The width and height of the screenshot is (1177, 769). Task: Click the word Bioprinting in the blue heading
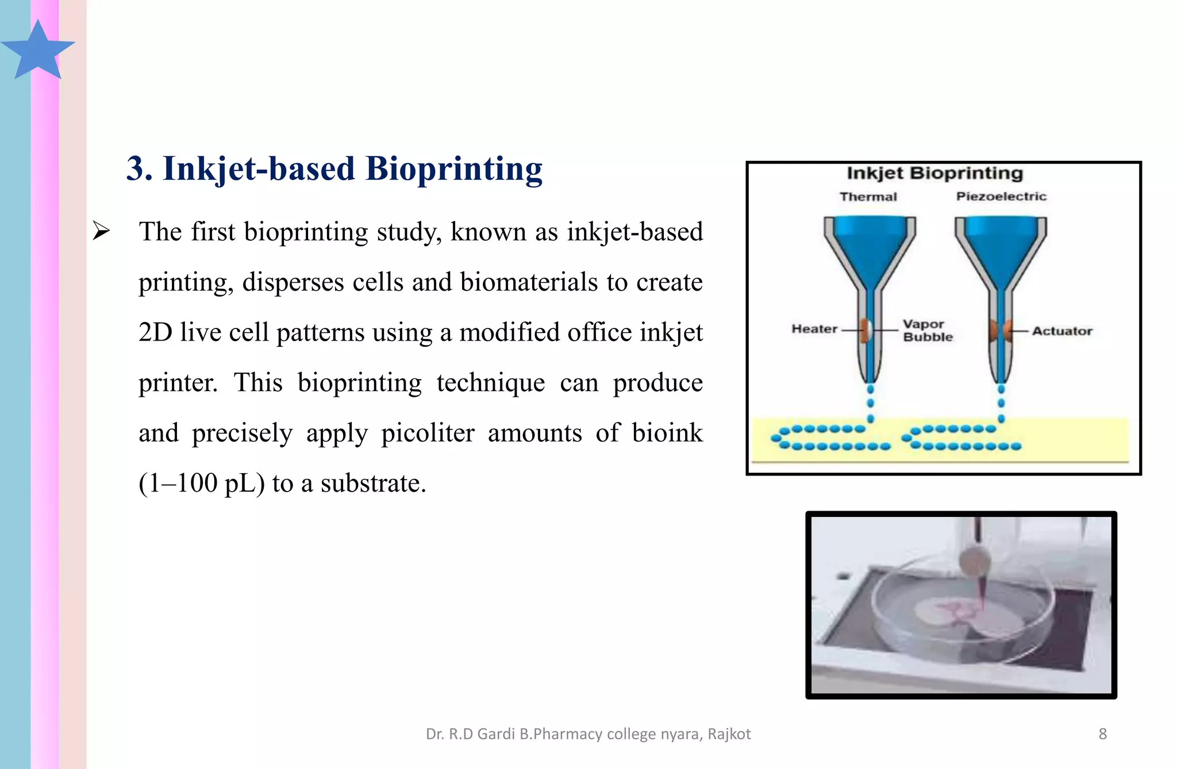point(453,169)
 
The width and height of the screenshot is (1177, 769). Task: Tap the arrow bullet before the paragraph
point(101,231)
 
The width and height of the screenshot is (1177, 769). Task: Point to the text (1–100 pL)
point(202,483)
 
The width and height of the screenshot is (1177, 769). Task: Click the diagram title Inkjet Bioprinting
point(934,173)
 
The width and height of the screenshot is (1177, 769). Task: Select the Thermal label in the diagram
point(868,197)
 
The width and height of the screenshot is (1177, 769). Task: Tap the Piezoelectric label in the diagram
point(1001,196)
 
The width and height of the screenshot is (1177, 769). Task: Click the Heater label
point(814,329)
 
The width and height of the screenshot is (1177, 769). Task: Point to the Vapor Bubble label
point(927,331)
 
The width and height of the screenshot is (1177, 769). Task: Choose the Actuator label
point(1061,331)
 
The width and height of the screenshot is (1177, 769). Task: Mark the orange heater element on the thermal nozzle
point(864,330)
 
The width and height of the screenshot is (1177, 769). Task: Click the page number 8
point(1102,734)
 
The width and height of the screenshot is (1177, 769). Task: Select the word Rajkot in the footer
point(729,734)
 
